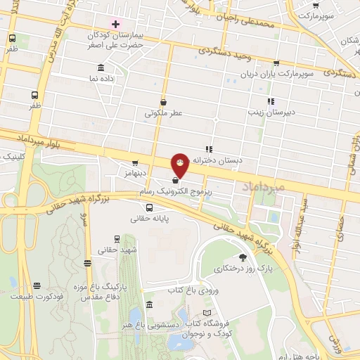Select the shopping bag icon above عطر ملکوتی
(163, 102)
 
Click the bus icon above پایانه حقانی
(149, 207)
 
